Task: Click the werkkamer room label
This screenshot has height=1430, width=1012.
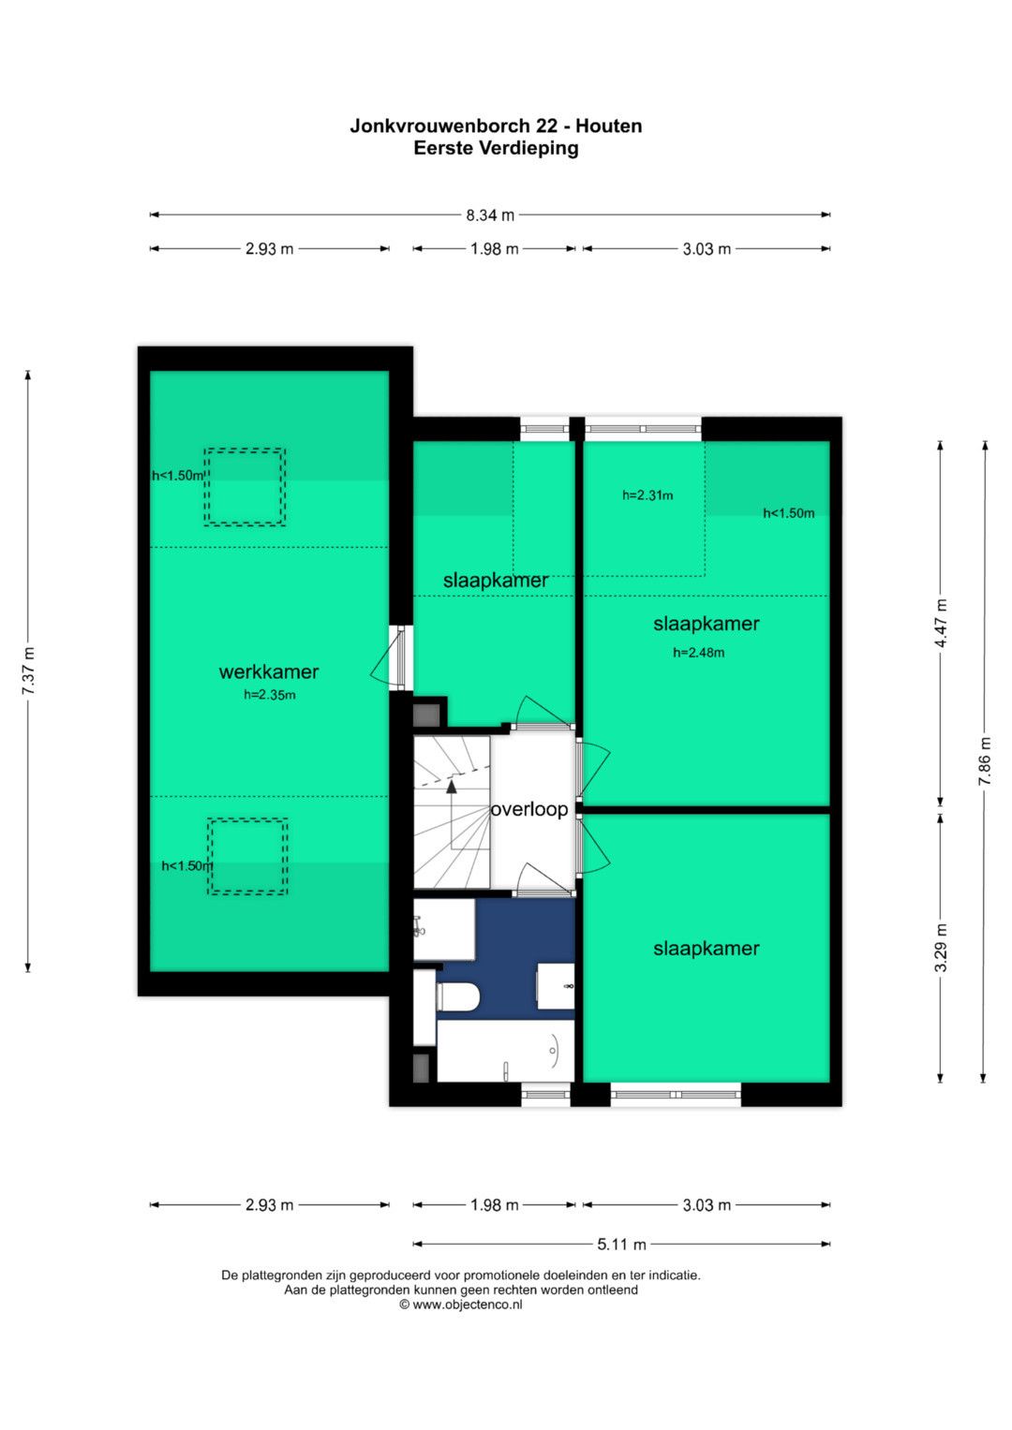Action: [x=268, y=671]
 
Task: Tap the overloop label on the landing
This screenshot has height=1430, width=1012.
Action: [x=529, y=809]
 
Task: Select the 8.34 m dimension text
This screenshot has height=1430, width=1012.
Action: [x=490, y=215]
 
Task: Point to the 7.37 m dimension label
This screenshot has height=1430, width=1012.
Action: [x=28, y=671]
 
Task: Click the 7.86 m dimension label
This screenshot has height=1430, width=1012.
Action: [x=985, y=761]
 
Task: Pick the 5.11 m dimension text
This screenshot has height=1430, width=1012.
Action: [x=621, y=1245]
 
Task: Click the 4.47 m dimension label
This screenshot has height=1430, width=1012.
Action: [x=941, y=624]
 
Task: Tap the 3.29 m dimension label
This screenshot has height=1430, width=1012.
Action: [x=941, y=948]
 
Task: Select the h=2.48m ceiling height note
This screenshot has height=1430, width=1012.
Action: [x=698, y=653]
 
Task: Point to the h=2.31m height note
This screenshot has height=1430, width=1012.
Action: [x=647, y=495]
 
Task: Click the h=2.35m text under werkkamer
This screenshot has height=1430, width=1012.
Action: [x=270, y=695]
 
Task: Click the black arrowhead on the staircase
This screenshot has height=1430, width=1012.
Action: [x=452, y=787]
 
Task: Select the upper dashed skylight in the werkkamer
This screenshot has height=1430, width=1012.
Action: [x=245, y=487]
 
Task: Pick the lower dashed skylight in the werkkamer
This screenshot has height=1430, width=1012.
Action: [x=247, y=856]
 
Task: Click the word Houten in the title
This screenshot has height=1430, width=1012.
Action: [x=609, y=125]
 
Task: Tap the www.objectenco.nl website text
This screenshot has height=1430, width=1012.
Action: [x=467, y=1305]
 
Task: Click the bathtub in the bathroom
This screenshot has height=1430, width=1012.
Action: [x=505, y=1051]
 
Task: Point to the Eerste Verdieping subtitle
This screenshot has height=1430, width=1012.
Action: [x=496, y=148]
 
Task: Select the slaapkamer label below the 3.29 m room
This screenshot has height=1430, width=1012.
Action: [x=706, y=949]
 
